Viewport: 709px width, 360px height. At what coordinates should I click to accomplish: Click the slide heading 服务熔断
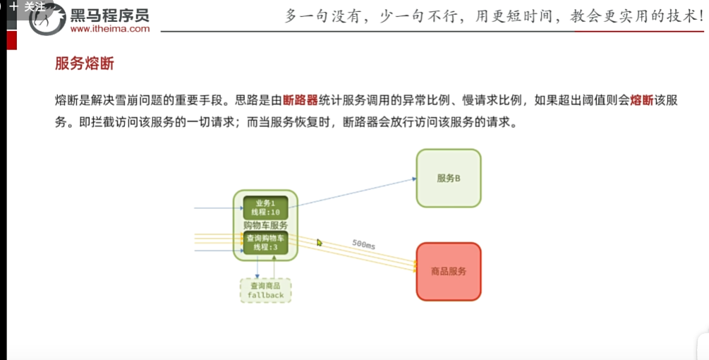[x=84, y=64]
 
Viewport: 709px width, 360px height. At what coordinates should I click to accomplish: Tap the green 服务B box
[x=449, y=178]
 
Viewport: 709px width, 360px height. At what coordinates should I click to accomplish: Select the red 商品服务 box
[x=449, y=271]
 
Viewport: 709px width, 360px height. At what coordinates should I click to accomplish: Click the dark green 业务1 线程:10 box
[x=265, y=208]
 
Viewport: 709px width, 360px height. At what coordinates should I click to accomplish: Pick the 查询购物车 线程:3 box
[x=265, y=242]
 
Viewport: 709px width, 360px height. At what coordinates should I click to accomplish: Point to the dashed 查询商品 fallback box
[x=265, y=290]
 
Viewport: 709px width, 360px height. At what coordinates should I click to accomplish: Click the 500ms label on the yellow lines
[x=363, y=244]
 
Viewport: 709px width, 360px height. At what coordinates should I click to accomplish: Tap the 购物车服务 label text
[x=265, y=225]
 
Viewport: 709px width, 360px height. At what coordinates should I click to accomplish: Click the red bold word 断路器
[x=299, y=100]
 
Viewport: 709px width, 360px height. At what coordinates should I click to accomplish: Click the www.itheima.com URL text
[x=110, y=29]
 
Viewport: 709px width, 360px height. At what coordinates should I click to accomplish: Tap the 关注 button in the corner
[x=28, y=6]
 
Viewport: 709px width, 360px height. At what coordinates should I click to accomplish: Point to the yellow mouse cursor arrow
[x=319, y=242]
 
